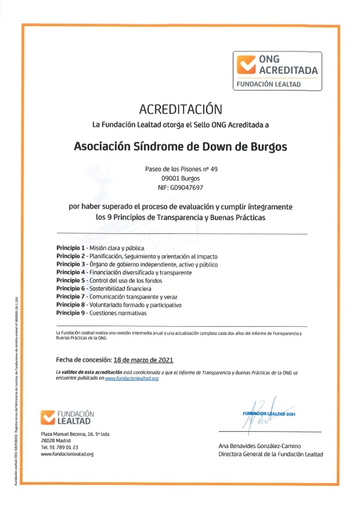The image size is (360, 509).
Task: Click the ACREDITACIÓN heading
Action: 180,108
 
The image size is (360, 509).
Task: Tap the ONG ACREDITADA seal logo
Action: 277,71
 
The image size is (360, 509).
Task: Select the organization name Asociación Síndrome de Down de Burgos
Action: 180,146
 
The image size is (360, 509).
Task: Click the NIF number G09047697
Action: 180,188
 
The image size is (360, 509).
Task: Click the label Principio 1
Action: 70,248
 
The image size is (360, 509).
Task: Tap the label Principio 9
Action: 70,313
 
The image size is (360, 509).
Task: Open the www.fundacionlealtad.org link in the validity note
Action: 132,378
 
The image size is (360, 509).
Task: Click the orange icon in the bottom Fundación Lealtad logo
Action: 48,417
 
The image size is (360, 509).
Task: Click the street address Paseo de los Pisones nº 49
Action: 180,168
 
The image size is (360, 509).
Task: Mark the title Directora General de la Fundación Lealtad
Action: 271,454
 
